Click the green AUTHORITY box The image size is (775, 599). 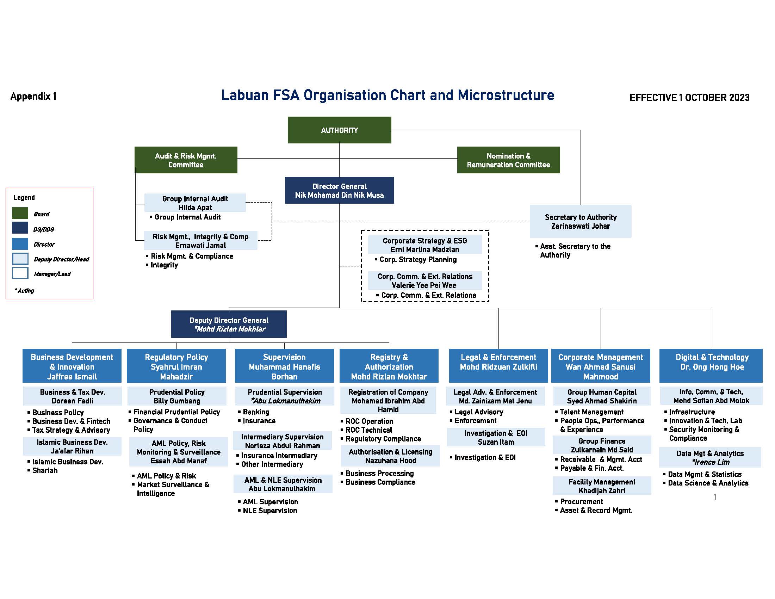(339, 130)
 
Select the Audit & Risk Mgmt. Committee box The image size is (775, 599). (186, 160)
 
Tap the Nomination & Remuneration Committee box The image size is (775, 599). (508, 160)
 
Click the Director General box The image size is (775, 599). (339, 190)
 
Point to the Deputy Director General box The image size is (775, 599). (229, 324)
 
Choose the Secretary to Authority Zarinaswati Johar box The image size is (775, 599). (580, 221)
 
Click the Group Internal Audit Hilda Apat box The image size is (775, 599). (195, 203)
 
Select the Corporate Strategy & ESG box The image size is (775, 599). (424, 245)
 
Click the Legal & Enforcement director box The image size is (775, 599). (498, 365)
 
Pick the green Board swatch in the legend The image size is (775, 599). (20, 213)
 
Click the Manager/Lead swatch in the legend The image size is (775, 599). (20, 273)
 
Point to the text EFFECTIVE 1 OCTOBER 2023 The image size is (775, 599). (689, 98)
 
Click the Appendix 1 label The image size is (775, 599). (33, 96)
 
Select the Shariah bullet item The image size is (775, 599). (45, 470)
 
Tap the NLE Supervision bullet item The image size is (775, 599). (270, 511)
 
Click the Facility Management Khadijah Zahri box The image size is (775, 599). (602, 486)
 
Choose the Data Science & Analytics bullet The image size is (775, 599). (708, 483)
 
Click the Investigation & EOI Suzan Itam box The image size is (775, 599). (496, 438)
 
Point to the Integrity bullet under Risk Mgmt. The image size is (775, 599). (164, 265)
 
